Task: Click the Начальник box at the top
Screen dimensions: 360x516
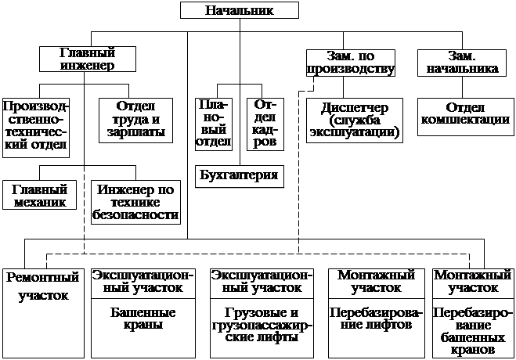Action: (x=240, y=10)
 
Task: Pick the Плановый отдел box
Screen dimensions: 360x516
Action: (x=212, y=124)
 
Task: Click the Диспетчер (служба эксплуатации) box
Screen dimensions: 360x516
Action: (x=354, y=119)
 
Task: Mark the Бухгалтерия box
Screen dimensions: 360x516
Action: (x=239, y=175)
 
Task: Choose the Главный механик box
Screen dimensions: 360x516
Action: (x=40, y=196)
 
